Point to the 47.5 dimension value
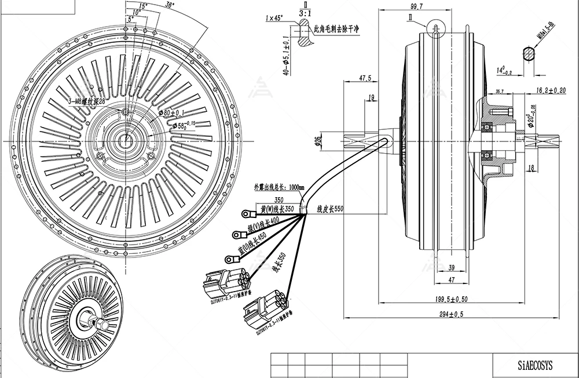click(365, 77)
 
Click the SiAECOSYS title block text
click(535, 365)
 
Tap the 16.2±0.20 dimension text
click(551, 90)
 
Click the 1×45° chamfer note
click(274, 18)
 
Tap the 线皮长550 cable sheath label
click(330, 209)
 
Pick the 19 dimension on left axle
click(370, 99)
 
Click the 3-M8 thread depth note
click(87, 101)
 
